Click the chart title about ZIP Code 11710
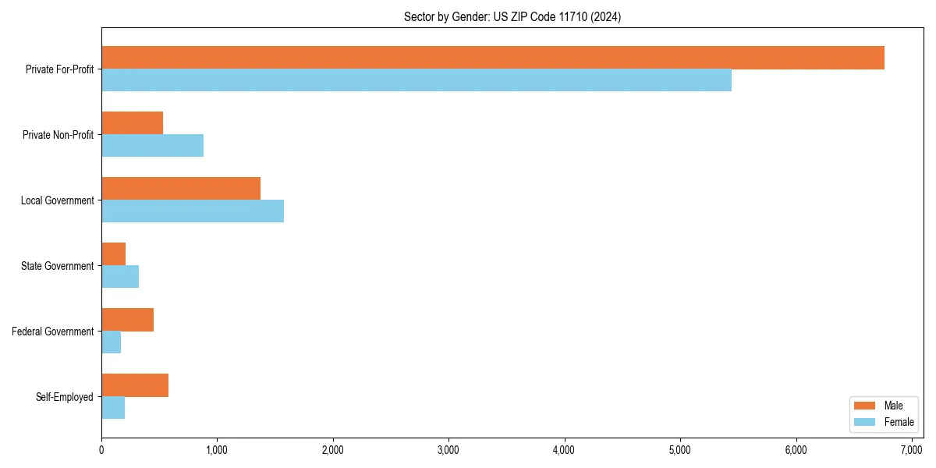click(512, 16)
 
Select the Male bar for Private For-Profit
click(492, 58)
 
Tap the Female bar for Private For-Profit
click(416, 80)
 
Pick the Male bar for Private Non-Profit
click(132, 123)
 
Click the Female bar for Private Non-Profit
click(152, 146)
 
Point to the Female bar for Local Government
click(192, 211)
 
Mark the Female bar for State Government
click(119, 277)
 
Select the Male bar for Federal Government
click(127, 320)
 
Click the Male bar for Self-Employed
click(134, 385)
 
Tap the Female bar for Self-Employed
click(112, 408)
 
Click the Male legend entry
click(882, 406)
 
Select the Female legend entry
click(882, 422)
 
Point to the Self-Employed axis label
click(64, 397)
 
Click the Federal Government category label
click(52, 331)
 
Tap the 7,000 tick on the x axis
click(912, 450)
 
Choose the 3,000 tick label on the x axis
click(448, 450)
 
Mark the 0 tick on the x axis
click(101, 450)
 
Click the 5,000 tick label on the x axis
click(680, 450)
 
